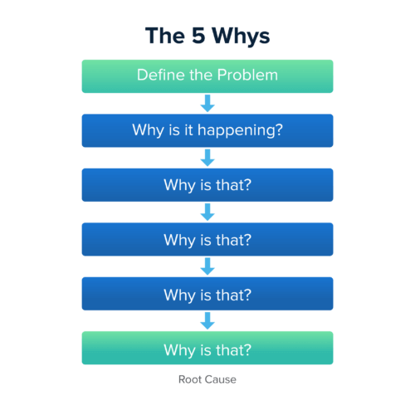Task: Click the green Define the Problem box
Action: click(x=207, y=76)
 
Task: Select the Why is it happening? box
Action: click(x=207, y=130)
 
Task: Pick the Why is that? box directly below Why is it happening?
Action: click(x=207, y=185)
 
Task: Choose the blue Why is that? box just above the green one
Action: click(x=207, y=294)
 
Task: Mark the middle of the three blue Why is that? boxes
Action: click(x=207, y=240)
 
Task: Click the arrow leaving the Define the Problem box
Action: click(x=207, y=103)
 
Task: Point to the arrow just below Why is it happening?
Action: click(x=207, y=158)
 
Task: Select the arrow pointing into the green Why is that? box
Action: click(x=207, y=320)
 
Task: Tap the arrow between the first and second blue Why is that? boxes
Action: click(x=207, y=212)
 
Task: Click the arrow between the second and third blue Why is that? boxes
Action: click(x=207, y=266)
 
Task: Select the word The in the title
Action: click(x=165, y=36)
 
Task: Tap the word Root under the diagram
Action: click(x=190, y=379)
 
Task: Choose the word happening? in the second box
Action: click(x=240, y=131)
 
